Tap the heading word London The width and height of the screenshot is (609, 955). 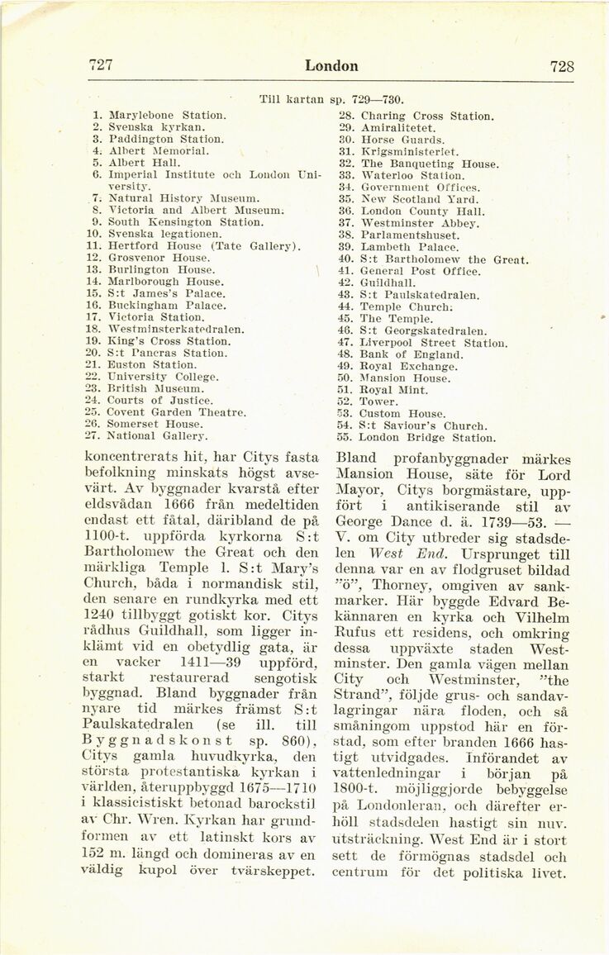pyautogui.click(x=331, y=66)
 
